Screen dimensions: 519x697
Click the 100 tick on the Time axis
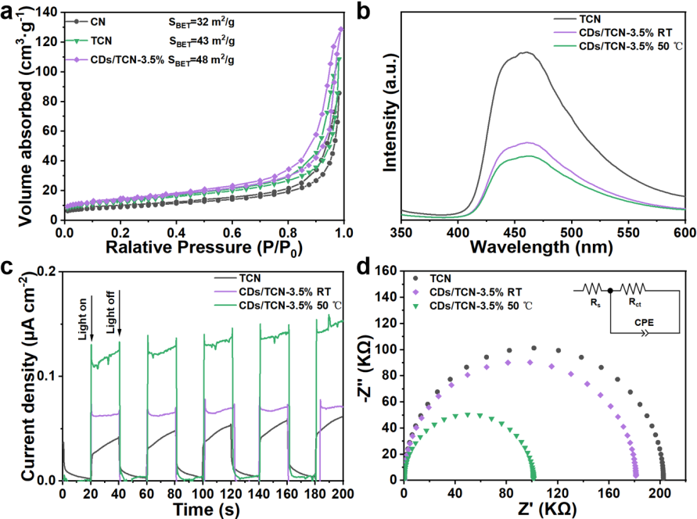click(x=203, y=492)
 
